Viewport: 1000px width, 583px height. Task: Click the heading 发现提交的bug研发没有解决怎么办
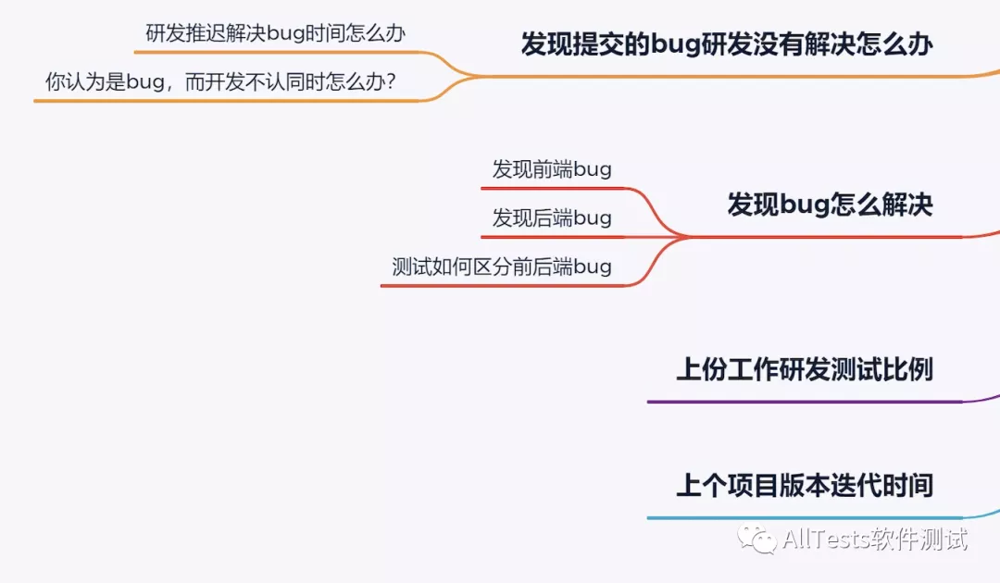726,43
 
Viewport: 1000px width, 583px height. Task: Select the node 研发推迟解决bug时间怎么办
276,33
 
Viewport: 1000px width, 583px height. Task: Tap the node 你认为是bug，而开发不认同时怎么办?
221,82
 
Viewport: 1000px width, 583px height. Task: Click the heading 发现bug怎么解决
830,205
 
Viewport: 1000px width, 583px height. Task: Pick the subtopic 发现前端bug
552,169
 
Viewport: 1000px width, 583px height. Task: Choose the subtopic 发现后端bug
552,218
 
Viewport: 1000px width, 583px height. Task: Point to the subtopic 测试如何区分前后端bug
501,267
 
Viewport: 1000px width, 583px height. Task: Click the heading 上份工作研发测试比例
804,370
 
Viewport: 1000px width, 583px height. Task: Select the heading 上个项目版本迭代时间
804,486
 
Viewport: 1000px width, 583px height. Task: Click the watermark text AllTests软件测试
875,539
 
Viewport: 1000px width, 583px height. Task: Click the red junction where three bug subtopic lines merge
685,237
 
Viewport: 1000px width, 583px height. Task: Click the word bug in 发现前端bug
593,170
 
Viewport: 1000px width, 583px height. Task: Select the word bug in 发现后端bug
593,219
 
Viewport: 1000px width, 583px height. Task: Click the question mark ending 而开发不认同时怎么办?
391,82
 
